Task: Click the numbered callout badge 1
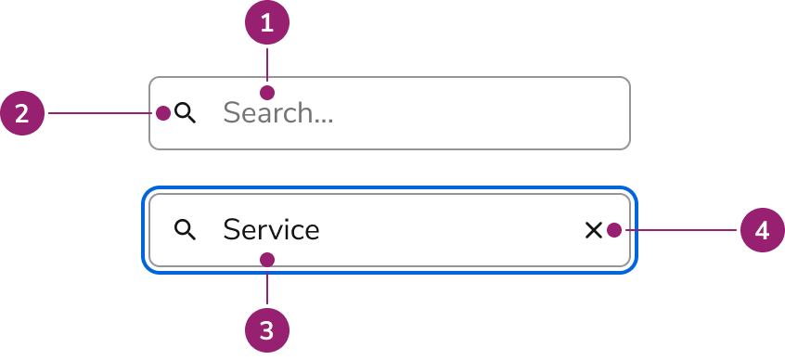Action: [x=267, y=22]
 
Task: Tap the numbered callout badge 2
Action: [x=22, y=113]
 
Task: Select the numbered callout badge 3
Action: [x=267, y=329]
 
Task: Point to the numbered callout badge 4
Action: [x=762, y=230]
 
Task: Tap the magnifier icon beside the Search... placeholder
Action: [x=186, y=113]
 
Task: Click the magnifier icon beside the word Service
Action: [x=186, y=230]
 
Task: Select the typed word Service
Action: [x=271, y=230]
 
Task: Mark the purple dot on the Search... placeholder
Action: [x=267, y=93]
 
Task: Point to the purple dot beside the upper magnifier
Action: [x=163, y=113]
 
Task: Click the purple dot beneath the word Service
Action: [x=267, y=260]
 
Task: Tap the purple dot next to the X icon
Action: [x=614, y=230]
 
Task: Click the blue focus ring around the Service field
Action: [x=390, y=189]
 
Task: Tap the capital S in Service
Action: [x=231, y=230]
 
